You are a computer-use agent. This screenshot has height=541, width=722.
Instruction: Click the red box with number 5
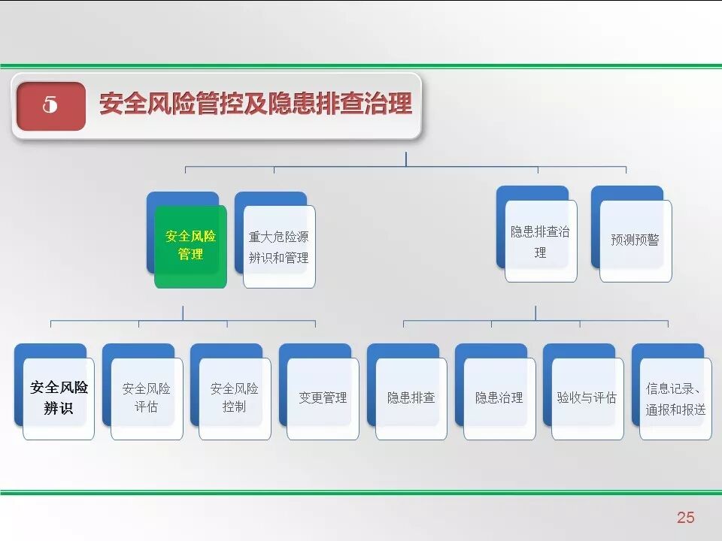click(50, 106)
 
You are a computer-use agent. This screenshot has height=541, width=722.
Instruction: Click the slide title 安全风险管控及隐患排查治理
click(256, 105)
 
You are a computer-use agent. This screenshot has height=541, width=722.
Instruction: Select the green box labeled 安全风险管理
click(190, 246)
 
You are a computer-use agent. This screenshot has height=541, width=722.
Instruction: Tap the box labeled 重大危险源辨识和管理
click(279, 247)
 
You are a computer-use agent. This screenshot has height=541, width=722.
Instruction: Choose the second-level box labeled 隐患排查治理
click(540, 241)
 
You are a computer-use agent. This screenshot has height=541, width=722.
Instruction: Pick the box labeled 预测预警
click(635, 240)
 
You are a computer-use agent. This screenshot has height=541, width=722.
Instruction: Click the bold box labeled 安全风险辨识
click(59, 398)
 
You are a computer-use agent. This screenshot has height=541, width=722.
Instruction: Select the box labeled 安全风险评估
click(147, 398)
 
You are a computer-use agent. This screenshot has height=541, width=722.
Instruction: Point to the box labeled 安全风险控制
click(235, 398)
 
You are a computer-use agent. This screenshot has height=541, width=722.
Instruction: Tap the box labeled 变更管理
click(323, 398)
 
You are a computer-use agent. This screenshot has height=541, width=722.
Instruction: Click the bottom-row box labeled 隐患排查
click(411, 398)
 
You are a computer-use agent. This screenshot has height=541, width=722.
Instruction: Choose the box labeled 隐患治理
click(499, 398)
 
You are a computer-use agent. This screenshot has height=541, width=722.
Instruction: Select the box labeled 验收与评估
click(587, 398)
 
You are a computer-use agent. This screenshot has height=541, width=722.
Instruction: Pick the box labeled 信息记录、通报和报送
click(675, 399)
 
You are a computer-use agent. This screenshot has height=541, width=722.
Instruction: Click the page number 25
click(685, 517)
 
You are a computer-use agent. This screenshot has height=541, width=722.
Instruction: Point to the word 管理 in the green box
click(190, 255)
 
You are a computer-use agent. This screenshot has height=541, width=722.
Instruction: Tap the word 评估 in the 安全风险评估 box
click(147, 407)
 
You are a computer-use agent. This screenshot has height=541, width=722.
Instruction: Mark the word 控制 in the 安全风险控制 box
click(235, 407)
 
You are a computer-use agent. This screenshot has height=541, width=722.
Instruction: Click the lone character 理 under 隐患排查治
click(540, 253)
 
